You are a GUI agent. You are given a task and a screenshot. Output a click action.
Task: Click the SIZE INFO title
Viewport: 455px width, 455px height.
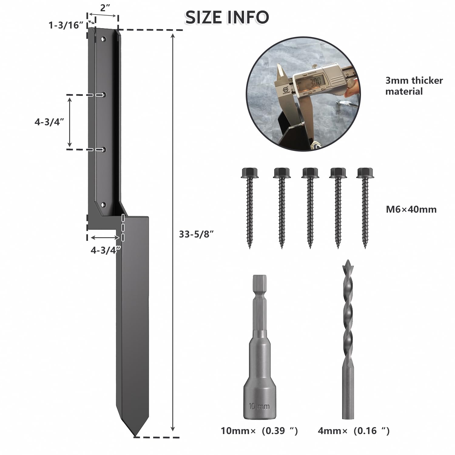tap(227, 17)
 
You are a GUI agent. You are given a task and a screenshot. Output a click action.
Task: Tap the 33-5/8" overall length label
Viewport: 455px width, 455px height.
tap(197, 234)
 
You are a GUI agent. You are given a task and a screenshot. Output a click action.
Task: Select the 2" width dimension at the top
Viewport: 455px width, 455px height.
tap(105, 8)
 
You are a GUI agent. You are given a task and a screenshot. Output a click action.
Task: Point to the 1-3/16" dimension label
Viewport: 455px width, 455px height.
tap(66, 25)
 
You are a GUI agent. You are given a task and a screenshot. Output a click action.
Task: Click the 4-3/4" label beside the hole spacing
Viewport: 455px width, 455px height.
tap(49, 122)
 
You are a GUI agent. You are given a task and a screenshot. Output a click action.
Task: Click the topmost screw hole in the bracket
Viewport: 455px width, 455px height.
tap(103, 39)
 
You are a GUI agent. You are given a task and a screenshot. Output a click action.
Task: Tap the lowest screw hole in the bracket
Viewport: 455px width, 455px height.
tap(103, 205)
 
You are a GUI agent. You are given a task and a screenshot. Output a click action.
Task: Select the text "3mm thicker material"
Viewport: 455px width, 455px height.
tap(414, 86)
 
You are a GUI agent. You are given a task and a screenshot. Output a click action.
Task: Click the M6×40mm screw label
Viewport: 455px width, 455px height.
tap(411, 209)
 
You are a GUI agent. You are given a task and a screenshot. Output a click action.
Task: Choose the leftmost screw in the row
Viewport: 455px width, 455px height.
tap(250, 206)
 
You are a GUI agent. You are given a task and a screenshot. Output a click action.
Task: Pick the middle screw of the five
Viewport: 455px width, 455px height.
tap(310, 206)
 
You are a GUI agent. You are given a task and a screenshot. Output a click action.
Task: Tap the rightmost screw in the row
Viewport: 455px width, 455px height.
tap(365, 206)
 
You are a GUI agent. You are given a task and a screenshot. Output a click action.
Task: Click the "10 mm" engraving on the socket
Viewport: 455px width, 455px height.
tap(259, 406)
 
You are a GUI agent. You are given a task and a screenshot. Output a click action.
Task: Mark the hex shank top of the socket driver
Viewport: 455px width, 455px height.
tap(259, 282)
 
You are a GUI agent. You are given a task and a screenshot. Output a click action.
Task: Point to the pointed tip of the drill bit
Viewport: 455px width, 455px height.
tap(348, 261)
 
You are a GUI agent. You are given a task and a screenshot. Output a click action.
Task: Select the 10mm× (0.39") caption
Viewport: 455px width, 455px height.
tap(259, 431)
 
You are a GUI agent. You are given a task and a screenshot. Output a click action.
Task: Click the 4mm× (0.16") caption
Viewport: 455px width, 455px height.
tap(354, 431)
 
